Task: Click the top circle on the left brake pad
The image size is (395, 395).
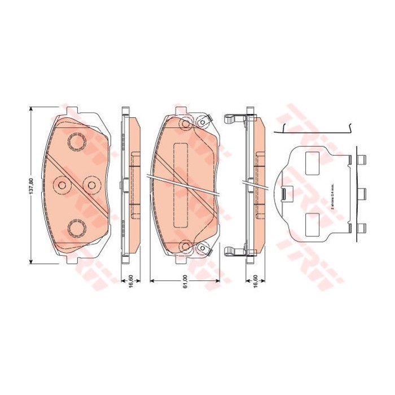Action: click(74, 141)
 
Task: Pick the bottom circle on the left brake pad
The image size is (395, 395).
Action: click(74, 227)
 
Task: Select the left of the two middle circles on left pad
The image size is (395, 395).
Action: click(61, 185)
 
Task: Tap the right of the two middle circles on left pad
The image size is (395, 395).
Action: click(90, 185)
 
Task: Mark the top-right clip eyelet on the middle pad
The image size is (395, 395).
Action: click(201, 120)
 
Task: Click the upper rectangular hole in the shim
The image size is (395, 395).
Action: click(312, 163)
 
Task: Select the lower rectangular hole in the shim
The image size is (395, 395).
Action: click(312, 221)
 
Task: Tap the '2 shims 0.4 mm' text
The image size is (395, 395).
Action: click(333, 197)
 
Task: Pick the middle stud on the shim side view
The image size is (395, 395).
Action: click(362, 193)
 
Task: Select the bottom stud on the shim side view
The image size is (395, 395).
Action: click(362, 228)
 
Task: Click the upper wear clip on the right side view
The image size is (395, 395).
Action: click(232, 120)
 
